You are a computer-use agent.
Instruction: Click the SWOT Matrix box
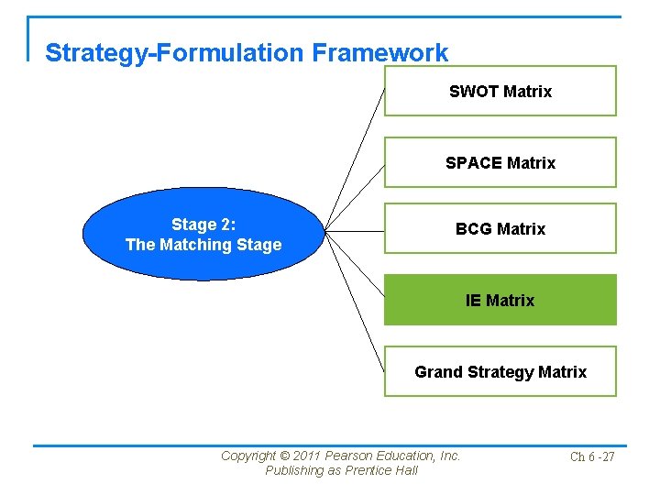click(500, 91)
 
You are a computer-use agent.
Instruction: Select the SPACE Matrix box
click(500, 162)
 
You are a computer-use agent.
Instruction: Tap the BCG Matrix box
click(500, 228)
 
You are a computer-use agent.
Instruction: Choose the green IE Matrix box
click(500, 300)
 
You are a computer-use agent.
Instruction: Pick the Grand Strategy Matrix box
click(500, 371)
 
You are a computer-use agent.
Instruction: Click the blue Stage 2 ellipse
click(203, 235)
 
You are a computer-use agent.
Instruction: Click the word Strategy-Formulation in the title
click(175, 53)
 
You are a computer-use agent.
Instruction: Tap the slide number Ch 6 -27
click(592, 456)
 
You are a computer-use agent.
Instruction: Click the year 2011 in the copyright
click(308, 456)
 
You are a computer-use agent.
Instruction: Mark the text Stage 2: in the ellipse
click(203, 225)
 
